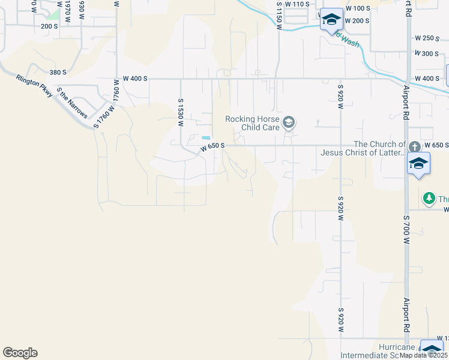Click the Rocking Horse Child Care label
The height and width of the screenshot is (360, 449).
point(253,123)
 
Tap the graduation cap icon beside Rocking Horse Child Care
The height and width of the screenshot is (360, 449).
point(289,123)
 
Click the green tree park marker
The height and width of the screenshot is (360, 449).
point(429,197)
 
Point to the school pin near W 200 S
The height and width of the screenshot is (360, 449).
point(331,20)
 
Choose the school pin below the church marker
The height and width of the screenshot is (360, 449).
point(418,163)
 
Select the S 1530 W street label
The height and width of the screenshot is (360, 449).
point(180,113)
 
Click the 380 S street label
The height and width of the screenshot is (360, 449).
point(58,72)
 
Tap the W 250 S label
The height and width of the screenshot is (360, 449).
point(427,38)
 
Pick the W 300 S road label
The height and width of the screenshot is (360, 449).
point(427,53)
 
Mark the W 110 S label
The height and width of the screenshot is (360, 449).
point(297,4)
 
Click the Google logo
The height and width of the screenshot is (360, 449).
point(20,353)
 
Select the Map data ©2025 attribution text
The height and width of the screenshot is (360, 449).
point(424,355)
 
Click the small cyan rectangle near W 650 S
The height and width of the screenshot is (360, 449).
point(206,138)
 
